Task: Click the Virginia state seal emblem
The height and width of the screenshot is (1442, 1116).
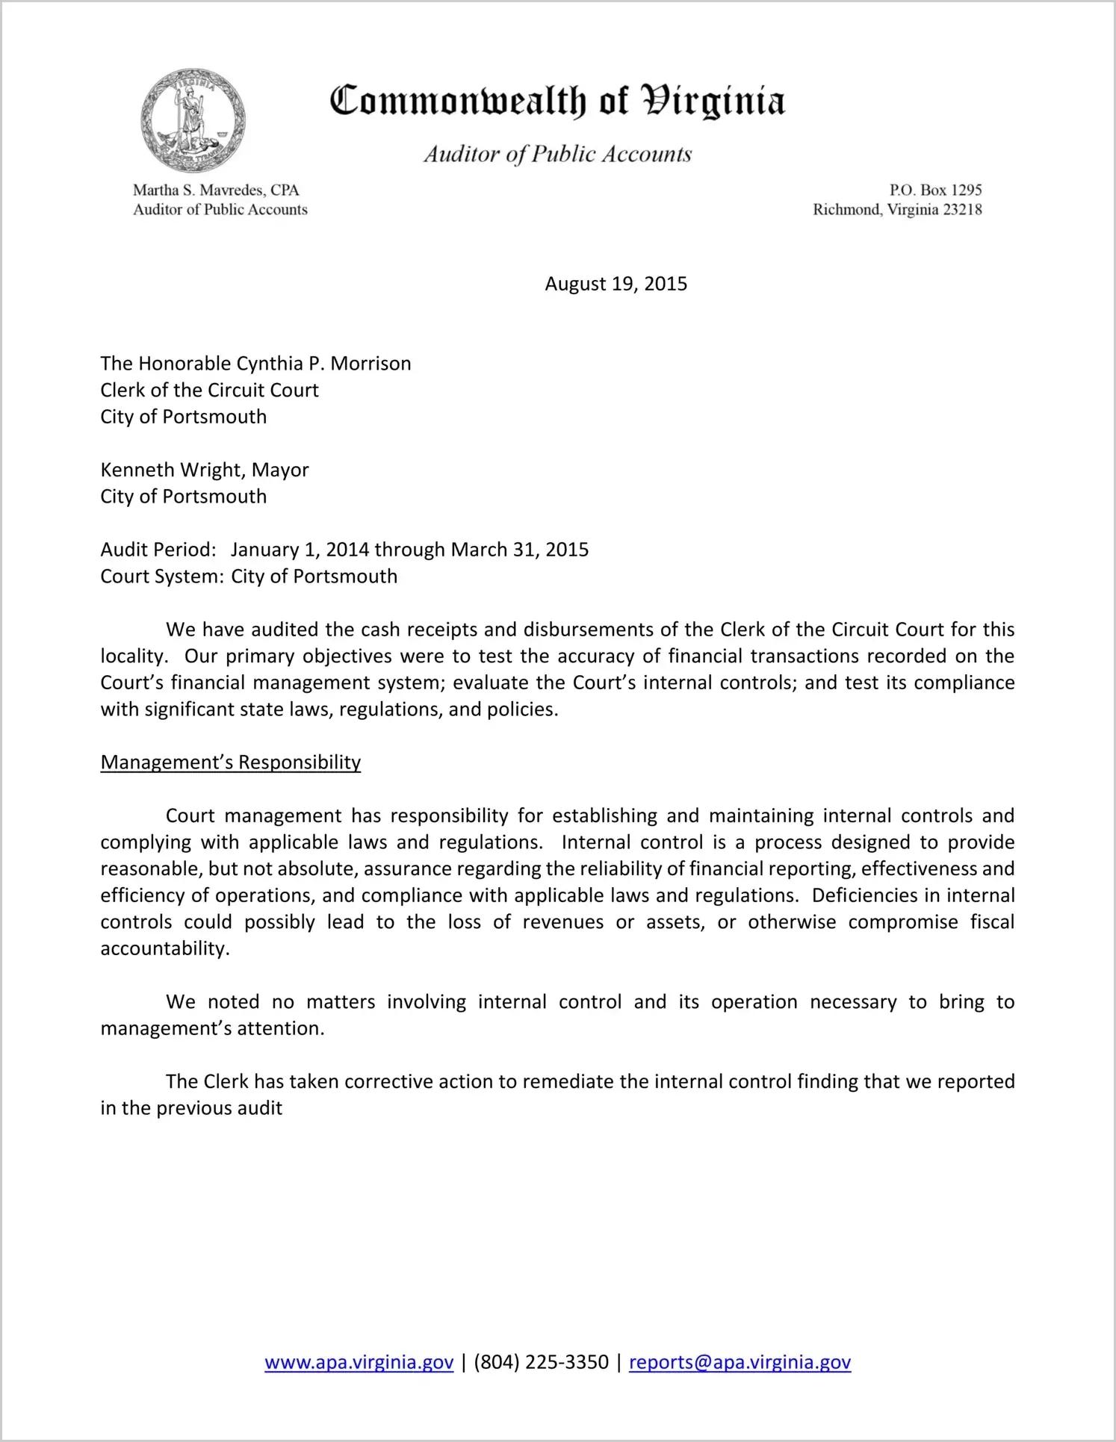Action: pos(193,120)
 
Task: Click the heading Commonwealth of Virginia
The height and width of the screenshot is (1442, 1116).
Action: pos(557,101)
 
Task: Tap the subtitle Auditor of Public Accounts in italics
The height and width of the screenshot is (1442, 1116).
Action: pos(557,154)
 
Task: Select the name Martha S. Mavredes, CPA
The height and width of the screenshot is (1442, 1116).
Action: pos(216,190)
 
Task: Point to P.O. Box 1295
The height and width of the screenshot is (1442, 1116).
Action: pos(935,190)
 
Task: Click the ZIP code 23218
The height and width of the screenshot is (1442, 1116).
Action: pos(962,210)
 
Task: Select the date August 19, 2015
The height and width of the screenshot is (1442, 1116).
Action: pos(616,284)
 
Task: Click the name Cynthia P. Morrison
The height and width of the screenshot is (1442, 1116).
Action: pos(323,364)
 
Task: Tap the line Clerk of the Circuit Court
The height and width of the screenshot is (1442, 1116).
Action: pos(209,391)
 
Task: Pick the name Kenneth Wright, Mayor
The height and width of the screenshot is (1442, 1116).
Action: pos(204,470)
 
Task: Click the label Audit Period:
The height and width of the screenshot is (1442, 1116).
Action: pos(158,550)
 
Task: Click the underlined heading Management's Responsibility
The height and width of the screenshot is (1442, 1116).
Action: pos(230,762)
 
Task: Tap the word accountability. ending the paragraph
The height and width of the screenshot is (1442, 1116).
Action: pos(165,949)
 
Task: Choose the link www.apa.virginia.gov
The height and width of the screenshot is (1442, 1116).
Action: pos(359,1363)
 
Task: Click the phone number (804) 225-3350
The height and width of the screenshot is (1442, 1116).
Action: pos(541,1363)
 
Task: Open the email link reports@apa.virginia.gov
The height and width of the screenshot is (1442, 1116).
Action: pos(740,1363)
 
